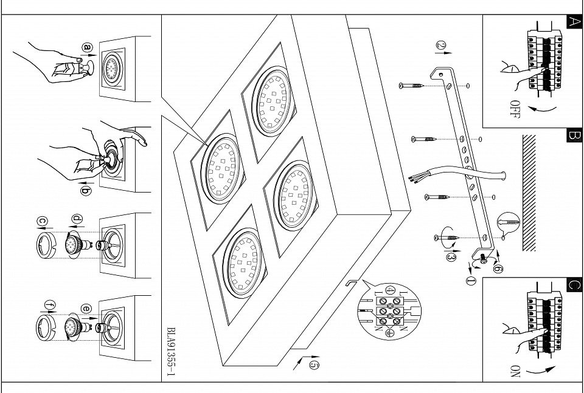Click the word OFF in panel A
coord(515,109)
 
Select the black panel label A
coord(574,22)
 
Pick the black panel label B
coord(574,135)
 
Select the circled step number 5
coord(313,364)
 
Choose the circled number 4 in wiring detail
coord(390,291)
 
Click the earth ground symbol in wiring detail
coord(389,332)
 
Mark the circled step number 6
coord(498,268)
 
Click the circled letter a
coord(88,47)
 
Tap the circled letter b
coord(86,191)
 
